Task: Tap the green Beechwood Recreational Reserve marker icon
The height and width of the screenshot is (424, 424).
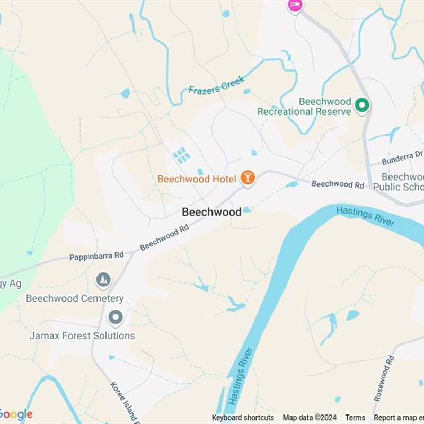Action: point(363,105)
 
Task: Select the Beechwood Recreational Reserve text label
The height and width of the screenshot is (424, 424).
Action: point(304,106)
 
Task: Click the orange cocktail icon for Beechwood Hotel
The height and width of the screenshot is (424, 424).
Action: point(247,178)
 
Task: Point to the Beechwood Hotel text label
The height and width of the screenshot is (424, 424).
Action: point(197,179)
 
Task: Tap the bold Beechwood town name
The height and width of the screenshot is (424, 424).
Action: point(211,212)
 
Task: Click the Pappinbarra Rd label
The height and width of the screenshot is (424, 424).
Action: point(96,257)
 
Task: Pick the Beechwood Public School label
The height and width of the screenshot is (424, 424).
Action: point(400,181)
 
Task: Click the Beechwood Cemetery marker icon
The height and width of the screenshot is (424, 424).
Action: point(103,279)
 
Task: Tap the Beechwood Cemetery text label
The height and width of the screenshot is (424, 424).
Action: point(75,298)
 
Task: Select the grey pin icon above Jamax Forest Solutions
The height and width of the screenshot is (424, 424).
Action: point(115,317)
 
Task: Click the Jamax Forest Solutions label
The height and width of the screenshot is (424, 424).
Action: point(82,335)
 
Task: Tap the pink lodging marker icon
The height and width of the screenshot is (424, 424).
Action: point(295,5)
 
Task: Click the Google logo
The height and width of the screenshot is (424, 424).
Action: point(16,414)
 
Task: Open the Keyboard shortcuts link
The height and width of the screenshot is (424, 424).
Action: point(243,418)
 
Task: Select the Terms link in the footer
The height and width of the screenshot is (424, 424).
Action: point(355,418)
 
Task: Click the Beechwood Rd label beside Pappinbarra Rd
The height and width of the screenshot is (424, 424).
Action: point(164,237)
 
